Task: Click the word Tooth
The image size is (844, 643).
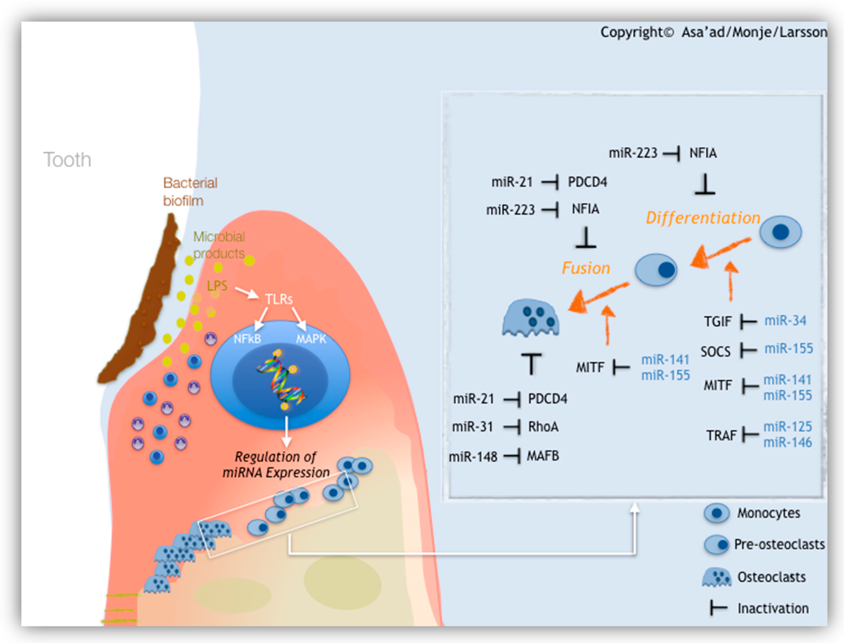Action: [67, 160]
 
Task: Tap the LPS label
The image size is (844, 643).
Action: [217, 285]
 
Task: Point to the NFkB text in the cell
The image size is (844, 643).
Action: [247, 339]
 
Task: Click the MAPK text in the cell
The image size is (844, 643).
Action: [311, 339]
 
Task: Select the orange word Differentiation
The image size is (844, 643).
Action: [703, 218]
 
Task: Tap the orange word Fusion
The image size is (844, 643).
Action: [586, 268]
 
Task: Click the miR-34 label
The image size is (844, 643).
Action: [785, 321]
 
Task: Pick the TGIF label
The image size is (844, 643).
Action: [717, 321]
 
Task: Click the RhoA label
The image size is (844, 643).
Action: [543, 427]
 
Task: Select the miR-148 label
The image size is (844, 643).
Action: [473, 457]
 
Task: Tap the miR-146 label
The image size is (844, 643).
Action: [787, 443]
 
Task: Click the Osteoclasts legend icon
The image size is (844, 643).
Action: [716, 577]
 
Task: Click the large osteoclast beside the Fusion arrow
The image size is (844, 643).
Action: [531, 318]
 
